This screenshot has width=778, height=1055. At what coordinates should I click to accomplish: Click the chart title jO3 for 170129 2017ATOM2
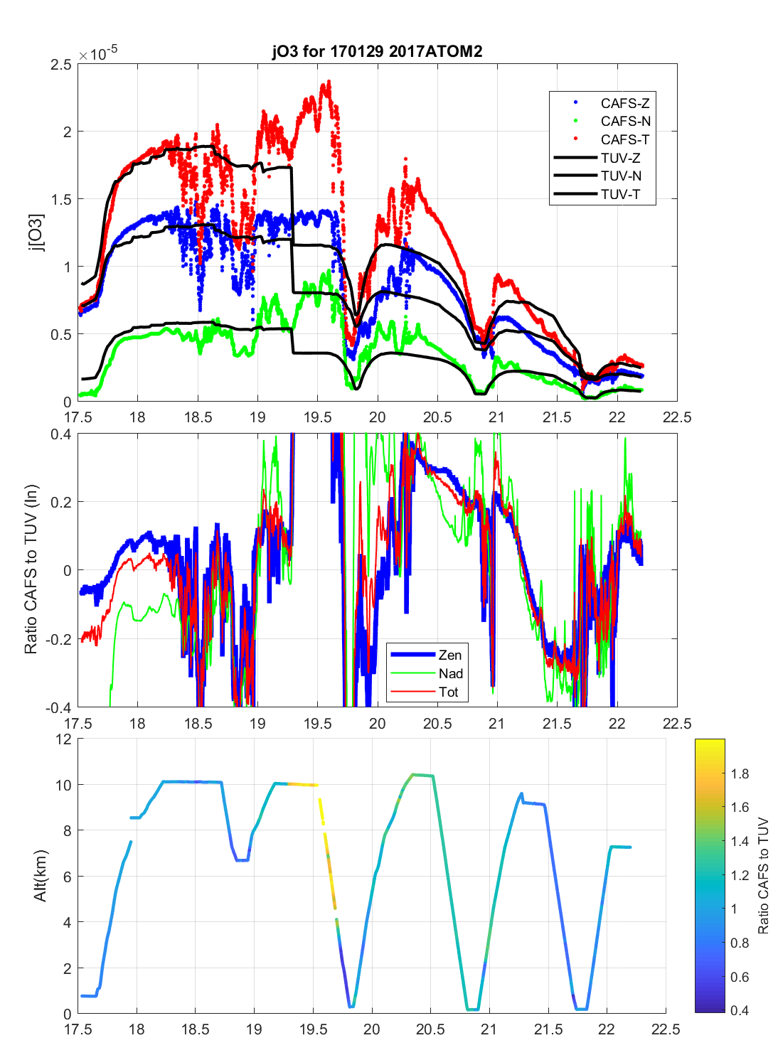tap(377, 51)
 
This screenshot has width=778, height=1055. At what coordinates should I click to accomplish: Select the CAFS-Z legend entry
tap(624, 103)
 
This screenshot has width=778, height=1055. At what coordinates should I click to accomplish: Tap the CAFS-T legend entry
tap(624, 139)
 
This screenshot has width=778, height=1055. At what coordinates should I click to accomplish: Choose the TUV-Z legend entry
tap(620, 158)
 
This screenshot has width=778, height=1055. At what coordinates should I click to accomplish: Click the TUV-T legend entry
tap(620, 194)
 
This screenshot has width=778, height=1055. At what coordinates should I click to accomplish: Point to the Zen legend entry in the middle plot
tap(449, 655)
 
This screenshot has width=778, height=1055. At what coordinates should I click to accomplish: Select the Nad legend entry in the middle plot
tap(450, 674)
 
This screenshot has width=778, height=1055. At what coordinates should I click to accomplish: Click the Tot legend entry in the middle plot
tap(449, 692)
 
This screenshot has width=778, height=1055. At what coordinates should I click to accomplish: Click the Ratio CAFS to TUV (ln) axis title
tap(31, 569)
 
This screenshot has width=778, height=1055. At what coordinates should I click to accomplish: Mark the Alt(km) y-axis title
tap(40, 876)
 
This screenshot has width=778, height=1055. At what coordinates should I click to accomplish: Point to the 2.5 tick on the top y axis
tap(61, 65)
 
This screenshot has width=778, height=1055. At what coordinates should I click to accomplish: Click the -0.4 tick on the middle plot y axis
tap(58, 707)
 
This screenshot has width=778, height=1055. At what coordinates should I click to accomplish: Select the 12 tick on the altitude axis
tap(64, 739)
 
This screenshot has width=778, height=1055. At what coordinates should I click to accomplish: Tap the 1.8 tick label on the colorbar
tap(740, 773)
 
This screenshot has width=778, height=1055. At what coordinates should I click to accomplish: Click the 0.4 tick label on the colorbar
tap(740, 1010)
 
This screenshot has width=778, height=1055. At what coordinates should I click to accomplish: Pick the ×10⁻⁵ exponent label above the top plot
tap(97, 54)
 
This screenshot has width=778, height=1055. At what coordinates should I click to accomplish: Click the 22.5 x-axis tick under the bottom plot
tap(666, 1029)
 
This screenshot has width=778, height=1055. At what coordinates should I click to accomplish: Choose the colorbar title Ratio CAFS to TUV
tap(763, 876)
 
